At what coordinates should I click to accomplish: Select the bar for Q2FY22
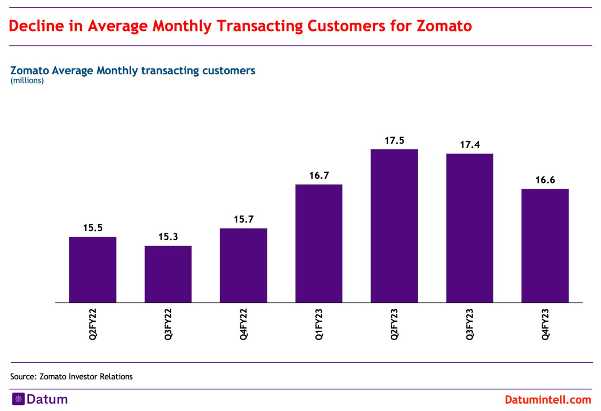click(93, 270)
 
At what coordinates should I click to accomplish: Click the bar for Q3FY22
click(168, 274)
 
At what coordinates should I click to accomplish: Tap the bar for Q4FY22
click(243, 266)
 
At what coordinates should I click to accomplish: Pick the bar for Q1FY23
click(319, 243)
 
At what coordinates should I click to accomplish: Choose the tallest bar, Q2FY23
click(394, 226)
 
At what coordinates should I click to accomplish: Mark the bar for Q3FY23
click(469, 228)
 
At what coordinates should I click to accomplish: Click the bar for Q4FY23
click(545, 246)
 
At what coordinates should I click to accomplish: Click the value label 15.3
click(168, 237)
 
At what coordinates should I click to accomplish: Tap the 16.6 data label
click(545, 180)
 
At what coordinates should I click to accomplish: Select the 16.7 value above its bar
click(319, 176)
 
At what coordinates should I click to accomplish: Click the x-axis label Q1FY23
click(319, 325)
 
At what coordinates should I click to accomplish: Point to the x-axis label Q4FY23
click(545, 325)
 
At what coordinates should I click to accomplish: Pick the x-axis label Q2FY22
click(93, 325)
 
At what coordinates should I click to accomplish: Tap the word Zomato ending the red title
click(444, 26)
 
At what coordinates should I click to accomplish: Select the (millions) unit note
click(27, 81)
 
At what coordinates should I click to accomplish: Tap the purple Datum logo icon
click(18, 399)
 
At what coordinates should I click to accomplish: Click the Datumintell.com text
click(548, 400)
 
